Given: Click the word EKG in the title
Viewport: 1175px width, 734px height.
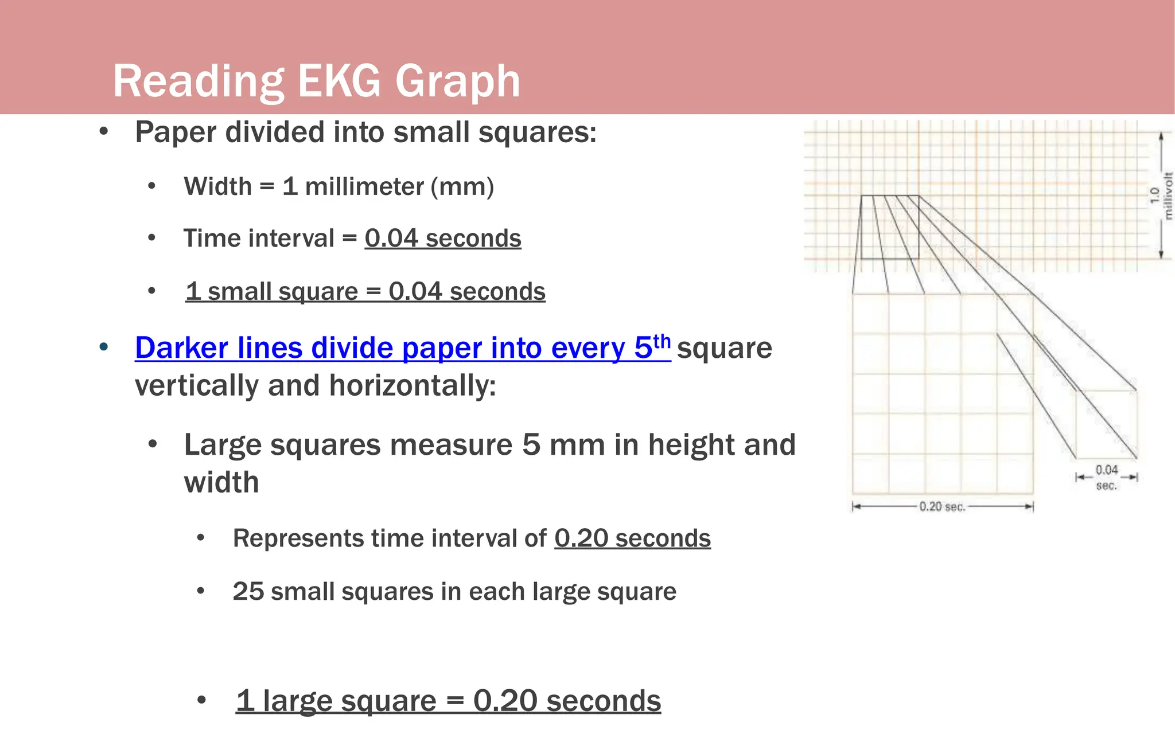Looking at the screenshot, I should (339, 81).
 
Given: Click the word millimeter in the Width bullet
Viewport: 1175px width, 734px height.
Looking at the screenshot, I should (364, 187).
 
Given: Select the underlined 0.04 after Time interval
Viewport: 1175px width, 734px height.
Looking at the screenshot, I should (391, 239).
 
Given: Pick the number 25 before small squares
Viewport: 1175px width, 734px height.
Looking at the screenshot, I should (248, 592).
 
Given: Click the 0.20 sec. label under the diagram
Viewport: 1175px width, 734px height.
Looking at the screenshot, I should (942, 507).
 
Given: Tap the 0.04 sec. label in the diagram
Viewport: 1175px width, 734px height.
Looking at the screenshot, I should (1106, 477).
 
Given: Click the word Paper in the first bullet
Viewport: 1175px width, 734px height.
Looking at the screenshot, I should (176, 132).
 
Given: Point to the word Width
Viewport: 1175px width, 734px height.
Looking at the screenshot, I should (217, 187).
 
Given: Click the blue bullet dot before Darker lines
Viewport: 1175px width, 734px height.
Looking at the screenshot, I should (104, 348).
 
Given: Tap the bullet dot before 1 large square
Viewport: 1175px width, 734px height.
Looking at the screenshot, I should (201, 701).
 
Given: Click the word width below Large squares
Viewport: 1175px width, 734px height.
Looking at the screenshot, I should (221, 482).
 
